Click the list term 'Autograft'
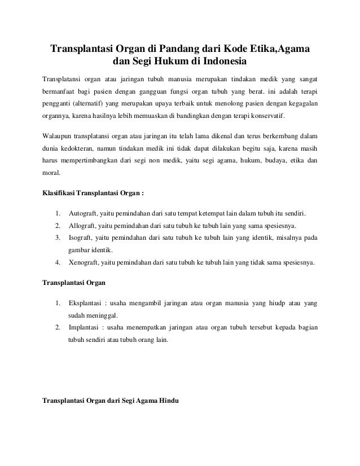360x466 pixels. [x=84, y=214]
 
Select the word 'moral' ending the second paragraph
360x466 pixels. [x=52, y=174]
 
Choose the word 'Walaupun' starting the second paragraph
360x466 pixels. [x=59, y=137]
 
